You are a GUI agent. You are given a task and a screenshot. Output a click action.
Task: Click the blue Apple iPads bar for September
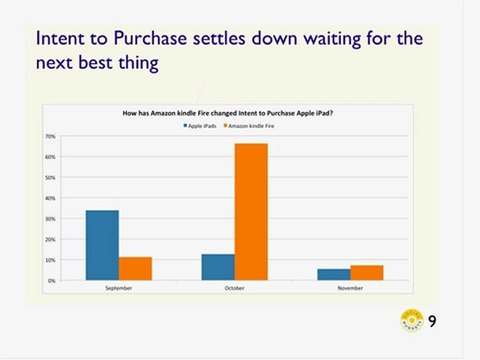tap(102, 246)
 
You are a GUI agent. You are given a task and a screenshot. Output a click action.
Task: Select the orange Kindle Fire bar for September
tap(135, 269)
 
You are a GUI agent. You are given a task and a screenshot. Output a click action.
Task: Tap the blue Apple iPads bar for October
tap(218, 267)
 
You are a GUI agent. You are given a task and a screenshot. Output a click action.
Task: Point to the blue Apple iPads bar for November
tap(334, 275)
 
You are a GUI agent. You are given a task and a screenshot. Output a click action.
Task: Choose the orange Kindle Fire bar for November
tap(367, 273)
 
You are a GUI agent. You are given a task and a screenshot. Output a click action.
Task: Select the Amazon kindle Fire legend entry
tap(251, 126)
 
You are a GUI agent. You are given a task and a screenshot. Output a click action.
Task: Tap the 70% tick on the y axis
tap(49, 136)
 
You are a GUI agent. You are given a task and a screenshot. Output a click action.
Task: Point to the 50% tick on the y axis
tap(49, 177)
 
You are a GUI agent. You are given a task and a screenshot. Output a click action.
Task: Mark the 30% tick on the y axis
tap(49, 219)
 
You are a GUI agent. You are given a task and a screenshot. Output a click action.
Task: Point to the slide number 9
tap(432, 321)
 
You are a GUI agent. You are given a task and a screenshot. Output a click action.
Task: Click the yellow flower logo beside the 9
tap(411, 321)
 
